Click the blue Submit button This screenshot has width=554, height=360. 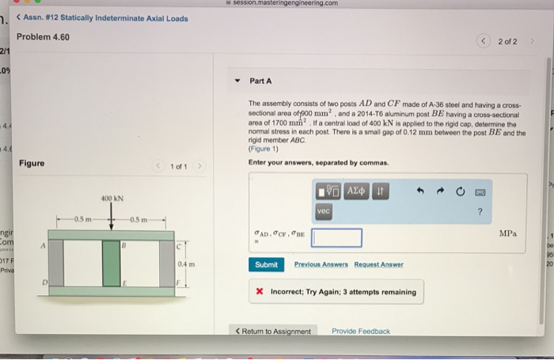pyautogui.click(x=266, y=264)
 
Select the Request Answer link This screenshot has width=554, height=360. pyautogui.click(x=378, y=264)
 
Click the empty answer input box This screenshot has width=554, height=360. pyautogui.click(x=336, y=237)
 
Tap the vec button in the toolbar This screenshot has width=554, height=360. pyautogui.click(x=323, y=211)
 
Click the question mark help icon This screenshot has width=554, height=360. pyautogui.click(x=479, y=211)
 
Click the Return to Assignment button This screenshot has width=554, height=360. pyautogui.click(x=272, y=331)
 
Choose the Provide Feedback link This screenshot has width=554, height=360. pyautogui.click(x=360, y=331)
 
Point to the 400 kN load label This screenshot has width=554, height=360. pyautogui.click(x=112, y=197)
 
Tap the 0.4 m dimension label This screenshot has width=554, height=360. pyautogui.click(x=187, y=263)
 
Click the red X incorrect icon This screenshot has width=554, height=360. pyautogui.click(x=260, y=291)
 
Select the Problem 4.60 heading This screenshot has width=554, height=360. pyautogui.click(x=43, y=37)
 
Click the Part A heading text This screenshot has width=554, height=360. pyautogui.click(x=261, y=81)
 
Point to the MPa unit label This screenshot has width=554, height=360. pyautogui.click(x=508, y=234)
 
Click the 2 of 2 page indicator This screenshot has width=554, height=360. pyautogui.click(x=507, y=41)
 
